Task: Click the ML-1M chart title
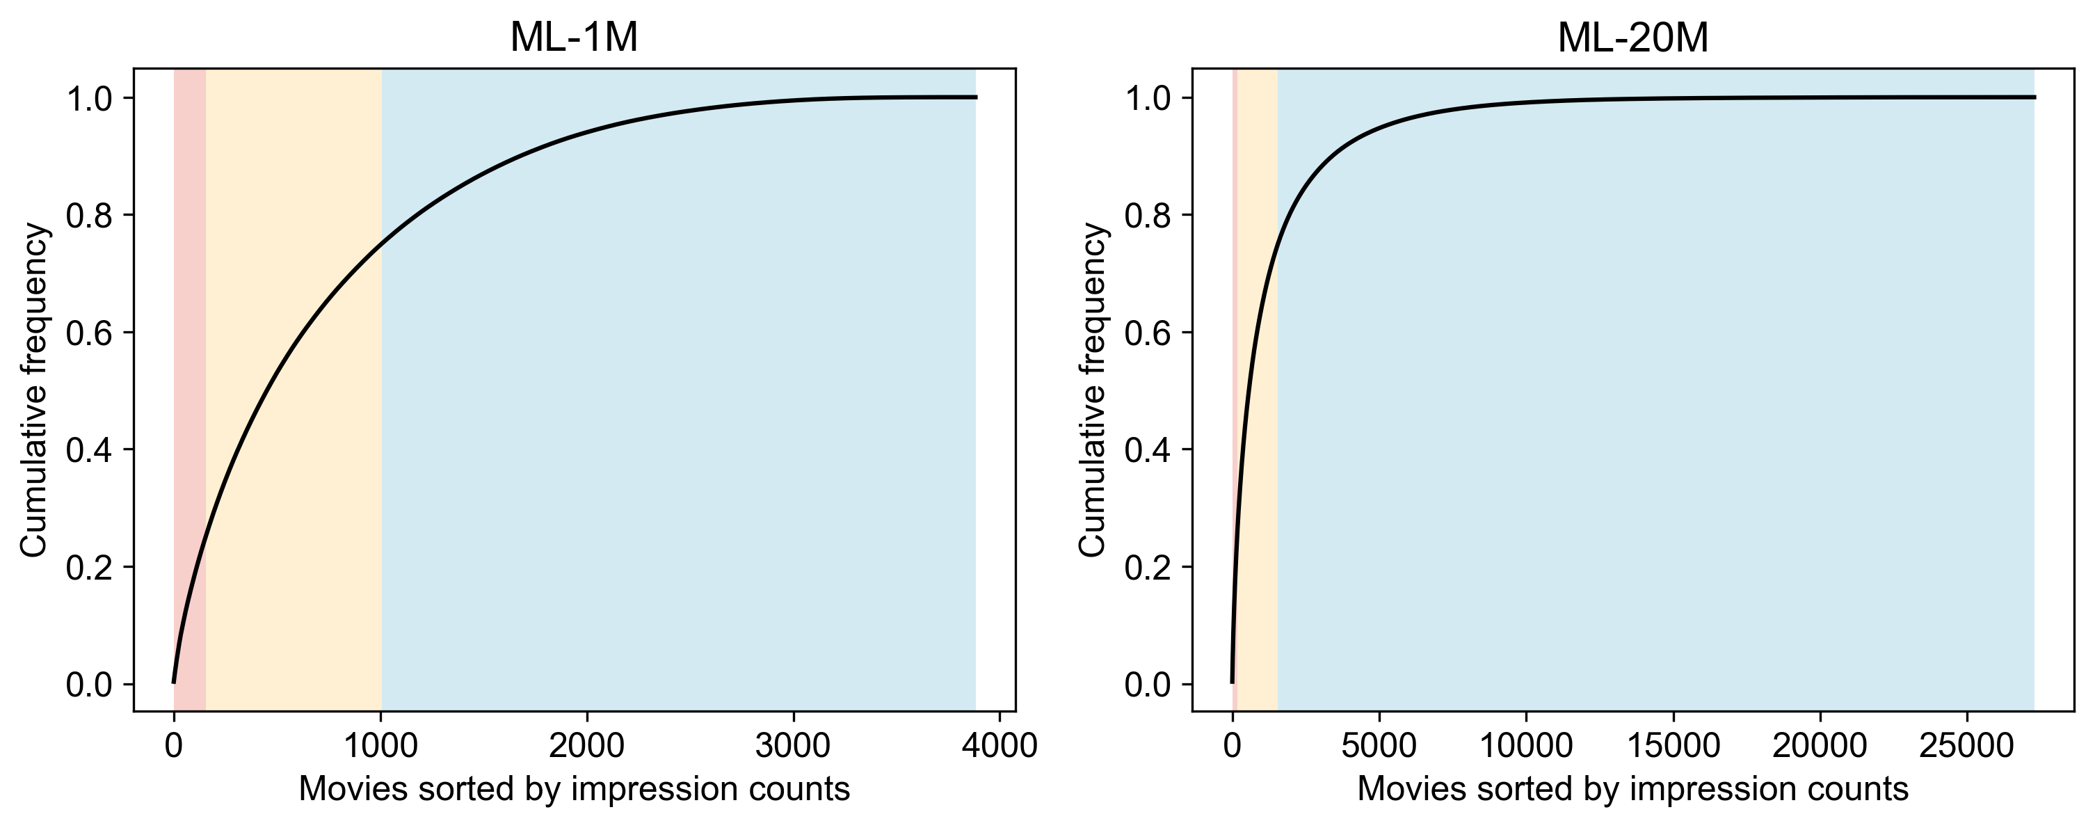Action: [573, 38]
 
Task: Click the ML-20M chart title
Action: [1632, 38]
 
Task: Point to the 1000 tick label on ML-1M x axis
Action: [380, 746]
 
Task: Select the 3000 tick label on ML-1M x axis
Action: [793, 746]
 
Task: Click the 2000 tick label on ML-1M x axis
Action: [586, 746]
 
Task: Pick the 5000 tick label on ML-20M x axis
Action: [1379, 746]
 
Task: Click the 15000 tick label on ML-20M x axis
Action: [1673, 746]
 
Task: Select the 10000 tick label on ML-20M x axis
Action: [1526, 746]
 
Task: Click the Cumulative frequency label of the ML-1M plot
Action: [33, 390]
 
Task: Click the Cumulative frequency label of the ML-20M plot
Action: [1092, 390]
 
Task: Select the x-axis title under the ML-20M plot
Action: [1632, 789]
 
